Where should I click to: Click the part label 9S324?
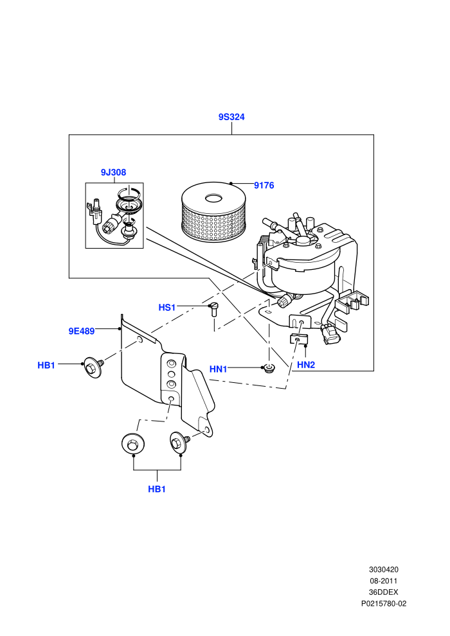click(x=231, y=117)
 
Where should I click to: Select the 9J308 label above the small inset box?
click(x=113, y=172)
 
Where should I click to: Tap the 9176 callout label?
click(x=264, y=186)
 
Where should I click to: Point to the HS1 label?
click(x=166, y=308)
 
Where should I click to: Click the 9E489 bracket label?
click(x=82, y=331)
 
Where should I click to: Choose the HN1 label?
click(x=219, y=369)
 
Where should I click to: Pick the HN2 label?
click(x=306, y=365)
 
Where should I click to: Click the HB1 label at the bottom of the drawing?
click(x=157, y=489)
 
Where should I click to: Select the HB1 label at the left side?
click(x=46, y=366)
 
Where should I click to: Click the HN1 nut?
click(x=269, y=369)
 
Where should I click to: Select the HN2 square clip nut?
click(x=299, y=339)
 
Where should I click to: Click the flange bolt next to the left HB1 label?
click(x=94, y=367)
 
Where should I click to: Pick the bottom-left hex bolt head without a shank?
click(x=132, y=444)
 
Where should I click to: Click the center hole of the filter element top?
click(x=213, y=199)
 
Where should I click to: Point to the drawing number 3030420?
click(x=384, y=569)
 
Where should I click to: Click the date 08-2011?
click(x=384, y=581)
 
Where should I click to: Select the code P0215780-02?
click(x=384, y=603)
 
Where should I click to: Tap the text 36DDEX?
click(x=384, y=592)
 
